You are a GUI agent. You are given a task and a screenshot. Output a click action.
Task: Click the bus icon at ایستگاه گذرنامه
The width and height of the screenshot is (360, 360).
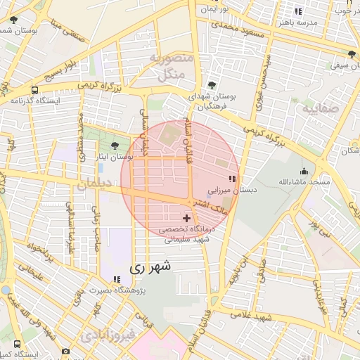tap(34, 90)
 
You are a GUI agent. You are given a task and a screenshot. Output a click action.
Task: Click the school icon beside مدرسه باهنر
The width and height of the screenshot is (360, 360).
tap(298, 11)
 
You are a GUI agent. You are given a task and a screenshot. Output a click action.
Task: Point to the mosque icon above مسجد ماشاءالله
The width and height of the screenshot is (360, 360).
tap(304, 171)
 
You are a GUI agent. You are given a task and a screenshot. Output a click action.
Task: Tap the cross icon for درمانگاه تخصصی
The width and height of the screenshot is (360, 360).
tap(186, 219)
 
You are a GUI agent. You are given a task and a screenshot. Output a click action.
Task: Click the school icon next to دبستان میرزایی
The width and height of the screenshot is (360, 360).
tap(232, 179)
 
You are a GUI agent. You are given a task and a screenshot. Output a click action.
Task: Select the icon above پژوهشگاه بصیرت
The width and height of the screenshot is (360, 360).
tap(116, 280)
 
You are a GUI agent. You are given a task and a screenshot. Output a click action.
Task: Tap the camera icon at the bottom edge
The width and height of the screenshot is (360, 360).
tap(65, 351)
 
